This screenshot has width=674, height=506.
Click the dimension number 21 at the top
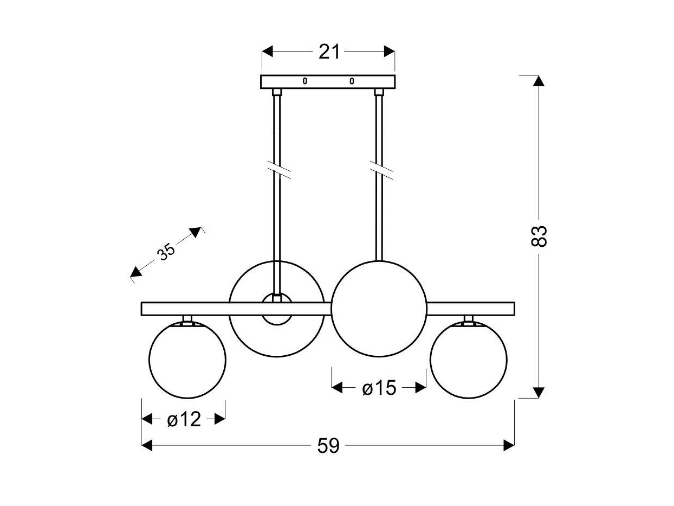[329, 52]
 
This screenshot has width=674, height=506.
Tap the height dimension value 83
[539, 236]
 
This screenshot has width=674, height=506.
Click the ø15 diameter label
[379, 388]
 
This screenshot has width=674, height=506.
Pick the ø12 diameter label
[184, 419]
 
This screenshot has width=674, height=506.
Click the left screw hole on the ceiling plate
[304, 81]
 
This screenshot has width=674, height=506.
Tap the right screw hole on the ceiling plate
[352, 81]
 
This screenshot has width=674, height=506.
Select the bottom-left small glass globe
[187, 360]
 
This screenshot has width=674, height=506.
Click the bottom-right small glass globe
[469, 360]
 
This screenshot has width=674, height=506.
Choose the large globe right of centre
[379, 309]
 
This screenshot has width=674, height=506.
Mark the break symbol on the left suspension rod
[279, 170]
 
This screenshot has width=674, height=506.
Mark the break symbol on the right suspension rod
[381, 170]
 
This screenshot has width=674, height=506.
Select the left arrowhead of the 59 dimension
[147, 445]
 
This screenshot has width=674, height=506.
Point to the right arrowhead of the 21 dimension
[390, 52]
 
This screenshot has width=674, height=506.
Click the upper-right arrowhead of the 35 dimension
[195, 232]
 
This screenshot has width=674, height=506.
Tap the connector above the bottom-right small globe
[469, 320]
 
